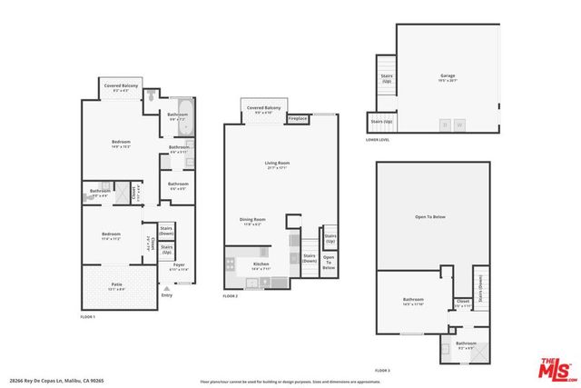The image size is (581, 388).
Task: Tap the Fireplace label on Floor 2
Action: coord(298,119)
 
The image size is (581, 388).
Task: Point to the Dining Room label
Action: coord(252,220)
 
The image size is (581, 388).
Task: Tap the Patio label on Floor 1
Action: coord(117,285)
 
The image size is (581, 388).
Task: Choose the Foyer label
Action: coord(179,266)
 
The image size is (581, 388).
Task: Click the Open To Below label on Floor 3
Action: coord(433,217)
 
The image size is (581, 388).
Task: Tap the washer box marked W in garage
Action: coord(459,124)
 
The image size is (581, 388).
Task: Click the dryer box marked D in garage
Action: coord(445,124)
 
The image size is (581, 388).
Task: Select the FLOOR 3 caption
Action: coord(383,370)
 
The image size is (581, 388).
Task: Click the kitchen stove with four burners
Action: coord(230,264)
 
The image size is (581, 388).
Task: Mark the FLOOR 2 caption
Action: coord(231,295)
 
